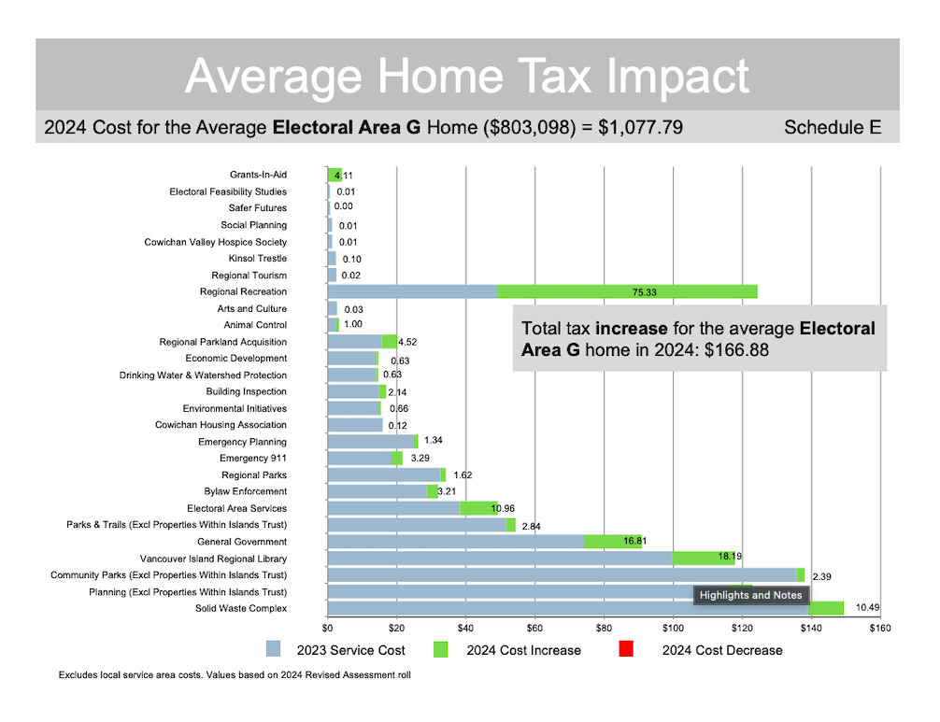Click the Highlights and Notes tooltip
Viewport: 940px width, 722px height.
coord(750,595)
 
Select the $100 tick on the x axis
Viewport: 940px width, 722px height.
coord(673,628)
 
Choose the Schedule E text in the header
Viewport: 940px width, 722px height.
coord(833,127)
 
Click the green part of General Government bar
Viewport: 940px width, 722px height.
coord(613,542)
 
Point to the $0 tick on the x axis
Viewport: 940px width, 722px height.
coord(328,628)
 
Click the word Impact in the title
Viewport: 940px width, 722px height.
coord(670,76)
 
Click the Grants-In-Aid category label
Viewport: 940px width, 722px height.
coord(258,175)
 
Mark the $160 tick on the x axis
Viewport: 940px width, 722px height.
coord(879,628)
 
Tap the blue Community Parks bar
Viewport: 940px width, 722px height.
coord(561,575)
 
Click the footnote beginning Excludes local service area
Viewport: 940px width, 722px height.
coord(235,674)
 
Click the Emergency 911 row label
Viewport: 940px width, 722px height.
coord(253,459)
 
